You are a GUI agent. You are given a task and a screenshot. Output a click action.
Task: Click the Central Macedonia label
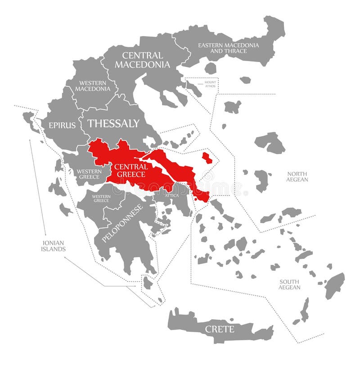[142, 60]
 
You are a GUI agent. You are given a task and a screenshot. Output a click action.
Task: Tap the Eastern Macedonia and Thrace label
[229, 48]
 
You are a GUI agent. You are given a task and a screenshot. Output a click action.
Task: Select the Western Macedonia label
[92, 85]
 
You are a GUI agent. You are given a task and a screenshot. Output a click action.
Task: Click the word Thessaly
[113, 123]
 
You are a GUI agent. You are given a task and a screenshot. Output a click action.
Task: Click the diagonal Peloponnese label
[122, 223]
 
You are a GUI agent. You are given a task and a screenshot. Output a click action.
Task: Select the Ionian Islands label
[54, 245]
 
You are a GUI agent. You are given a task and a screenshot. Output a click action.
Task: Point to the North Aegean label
[297, 177]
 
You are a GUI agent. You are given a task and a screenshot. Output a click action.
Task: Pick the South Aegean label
[289, 284]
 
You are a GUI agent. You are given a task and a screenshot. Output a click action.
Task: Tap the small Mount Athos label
[210, 84]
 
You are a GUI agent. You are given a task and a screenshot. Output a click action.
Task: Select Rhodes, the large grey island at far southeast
[335, 285]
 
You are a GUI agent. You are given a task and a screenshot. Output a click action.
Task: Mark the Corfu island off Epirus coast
[30, 120]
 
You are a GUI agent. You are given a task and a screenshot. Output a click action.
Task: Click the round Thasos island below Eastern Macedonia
[211, 68]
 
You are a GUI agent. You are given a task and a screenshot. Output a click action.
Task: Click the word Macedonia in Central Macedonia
[142, 65]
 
